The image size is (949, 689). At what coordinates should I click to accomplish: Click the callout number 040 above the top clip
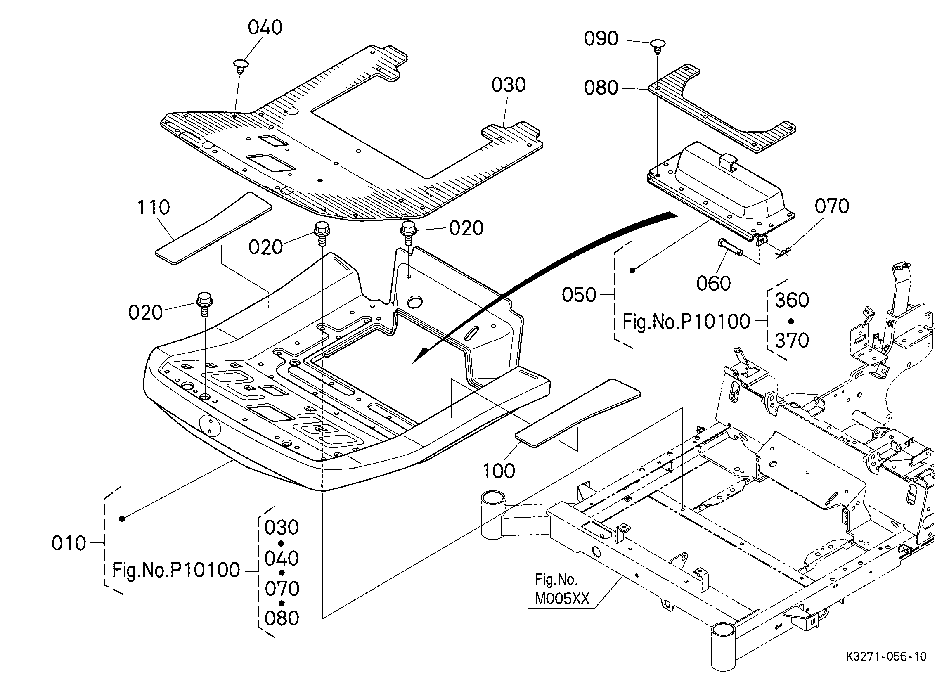coord(265,28)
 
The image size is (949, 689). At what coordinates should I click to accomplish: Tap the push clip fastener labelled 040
coord(240,66)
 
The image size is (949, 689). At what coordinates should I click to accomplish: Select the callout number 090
coord(601,39)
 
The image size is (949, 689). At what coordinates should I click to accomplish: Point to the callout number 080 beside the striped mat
coord(601,88)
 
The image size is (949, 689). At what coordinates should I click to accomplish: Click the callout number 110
coord(154,207)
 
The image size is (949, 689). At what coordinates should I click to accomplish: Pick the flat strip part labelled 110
coord(213,229)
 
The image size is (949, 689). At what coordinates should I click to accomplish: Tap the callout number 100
coord(499,471)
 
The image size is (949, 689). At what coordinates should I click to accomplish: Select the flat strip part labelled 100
coord(578,410)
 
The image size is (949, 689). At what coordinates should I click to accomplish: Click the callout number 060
coord(713,283)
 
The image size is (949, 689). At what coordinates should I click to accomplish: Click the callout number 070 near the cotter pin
coord(832,206)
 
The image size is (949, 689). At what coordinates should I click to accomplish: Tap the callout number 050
coord(579,295)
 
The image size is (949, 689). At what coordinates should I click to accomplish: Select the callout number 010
coord(69,544)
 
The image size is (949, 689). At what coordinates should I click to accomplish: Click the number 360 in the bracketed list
coord(792,300)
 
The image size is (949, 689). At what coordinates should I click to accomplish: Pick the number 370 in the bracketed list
coord(792,341)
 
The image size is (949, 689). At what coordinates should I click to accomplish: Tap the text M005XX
coord(562,599)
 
